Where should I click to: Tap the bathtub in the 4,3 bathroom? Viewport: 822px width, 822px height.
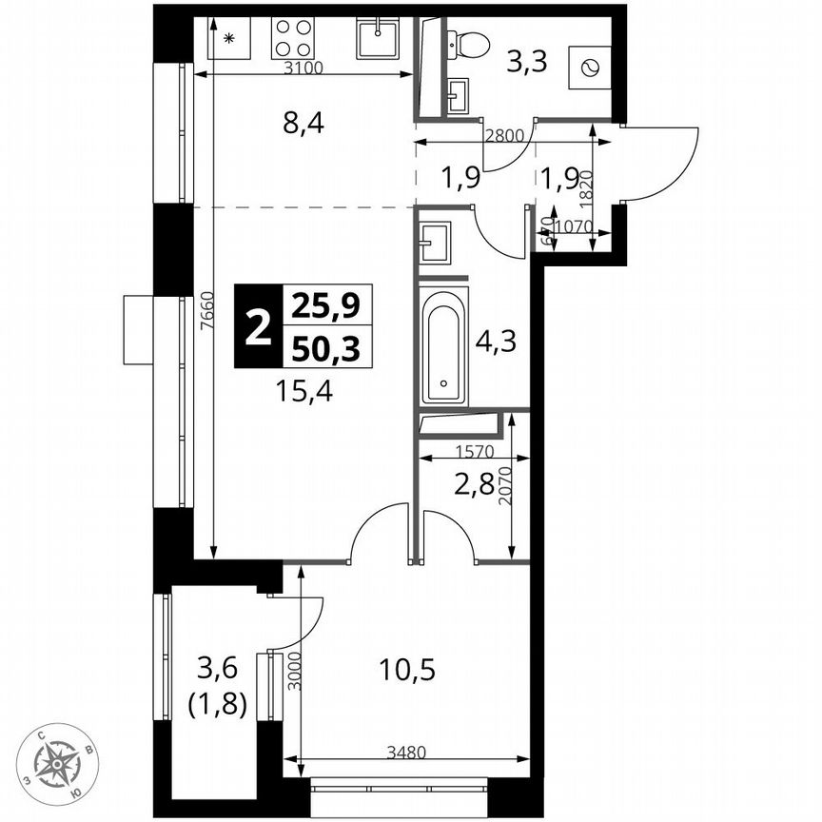point(445,346)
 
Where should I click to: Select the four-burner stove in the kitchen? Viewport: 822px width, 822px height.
point(292,39)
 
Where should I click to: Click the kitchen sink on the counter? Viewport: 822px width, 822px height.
point(379,39)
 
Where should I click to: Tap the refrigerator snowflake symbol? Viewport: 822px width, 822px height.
point(228,39)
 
